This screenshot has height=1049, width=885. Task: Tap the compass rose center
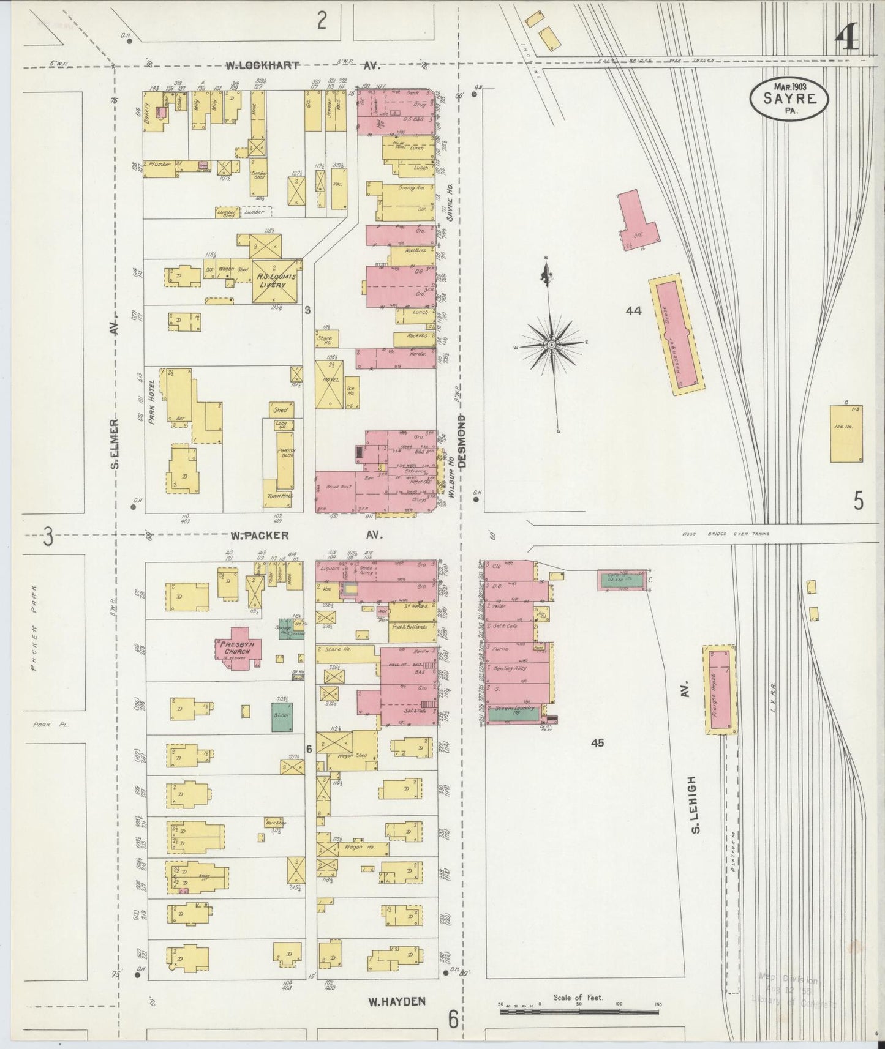coord(551,346)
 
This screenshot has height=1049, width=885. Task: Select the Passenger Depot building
coord(676,334)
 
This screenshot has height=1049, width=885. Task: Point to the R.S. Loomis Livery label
coord(276,280)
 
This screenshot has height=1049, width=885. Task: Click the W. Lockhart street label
coord(262,65)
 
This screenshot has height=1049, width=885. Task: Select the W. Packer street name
coord(259,536)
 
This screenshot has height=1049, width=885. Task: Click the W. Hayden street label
coord(396,1002)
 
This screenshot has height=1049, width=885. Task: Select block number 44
coord(633,311)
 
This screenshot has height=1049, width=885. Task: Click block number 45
coord(597,743)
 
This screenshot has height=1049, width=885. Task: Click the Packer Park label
coord(36,629)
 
